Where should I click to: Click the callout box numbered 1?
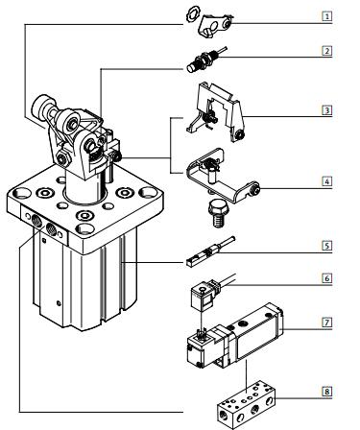[x=326, y=16]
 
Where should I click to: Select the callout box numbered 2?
[x=326, y=51]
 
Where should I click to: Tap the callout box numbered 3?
[x=326, y=110]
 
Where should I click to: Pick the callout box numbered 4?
[x=326, y=181]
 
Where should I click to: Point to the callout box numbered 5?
[x=326, y=246]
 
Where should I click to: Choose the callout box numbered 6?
[x=326, y=278]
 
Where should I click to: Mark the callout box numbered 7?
[x=326, y=322]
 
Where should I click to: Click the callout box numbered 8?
[x=326, y=392]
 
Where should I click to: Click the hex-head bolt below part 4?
[x=218, y=213]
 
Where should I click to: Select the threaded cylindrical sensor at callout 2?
[x=206, y=60]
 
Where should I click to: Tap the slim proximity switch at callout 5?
[x=210, y=251]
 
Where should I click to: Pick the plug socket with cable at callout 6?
[x=209, y=293]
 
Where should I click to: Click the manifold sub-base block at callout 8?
[x=246, y=405]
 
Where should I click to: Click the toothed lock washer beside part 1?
[x=193, y=14]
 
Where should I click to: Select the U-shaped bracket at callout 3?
[x=216, y=111]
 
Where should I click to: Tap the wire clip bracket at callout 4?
[x=223, y=175]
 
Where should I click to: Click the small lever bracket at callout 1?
[x=215, y=26]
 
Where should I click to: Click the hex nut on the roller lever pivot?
[x=62, y=158]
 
